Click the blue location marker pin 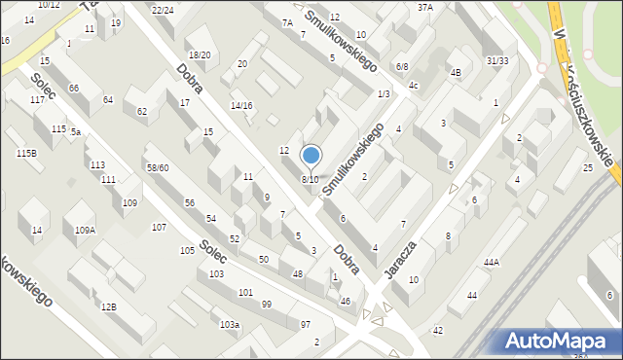pyautogui.click(x=311, y=157)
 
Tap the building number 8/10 pyautogui.click(x=310, y=180)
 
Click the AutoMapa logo pyautogui.click(x=559, y=341)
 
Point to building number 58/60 pyautogui.click(x=157, y=168)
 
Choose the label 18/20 pyautogui.click(x=199, y=55)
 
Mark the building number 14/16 pyautogui.click(x=241, y=105)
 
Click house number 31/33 pyautogui.click(x=496, y=60)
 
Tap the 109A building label pyautogui.click(x=86, y=231)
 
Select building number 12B pyautogui.click(x=108, y=307)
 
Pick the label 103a pyautogui.click(x=229, y=324)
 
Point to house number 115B pyautogui.click(x=26, y=153)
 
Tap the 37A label pyautogui.click(x=424, y=7)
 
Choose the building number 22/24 pyautogui.click(x=163, y=10)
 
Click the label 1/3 pyautogui.click(x=384, y=93)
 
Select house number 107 pyautogui.click(x=159, y=227)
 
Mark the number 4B pyautogui.click(x=455, y=72)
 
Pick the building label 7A pyautogui.click(x=286, y=22)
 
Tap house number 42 pyautogui.click(x=438, y=331)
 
